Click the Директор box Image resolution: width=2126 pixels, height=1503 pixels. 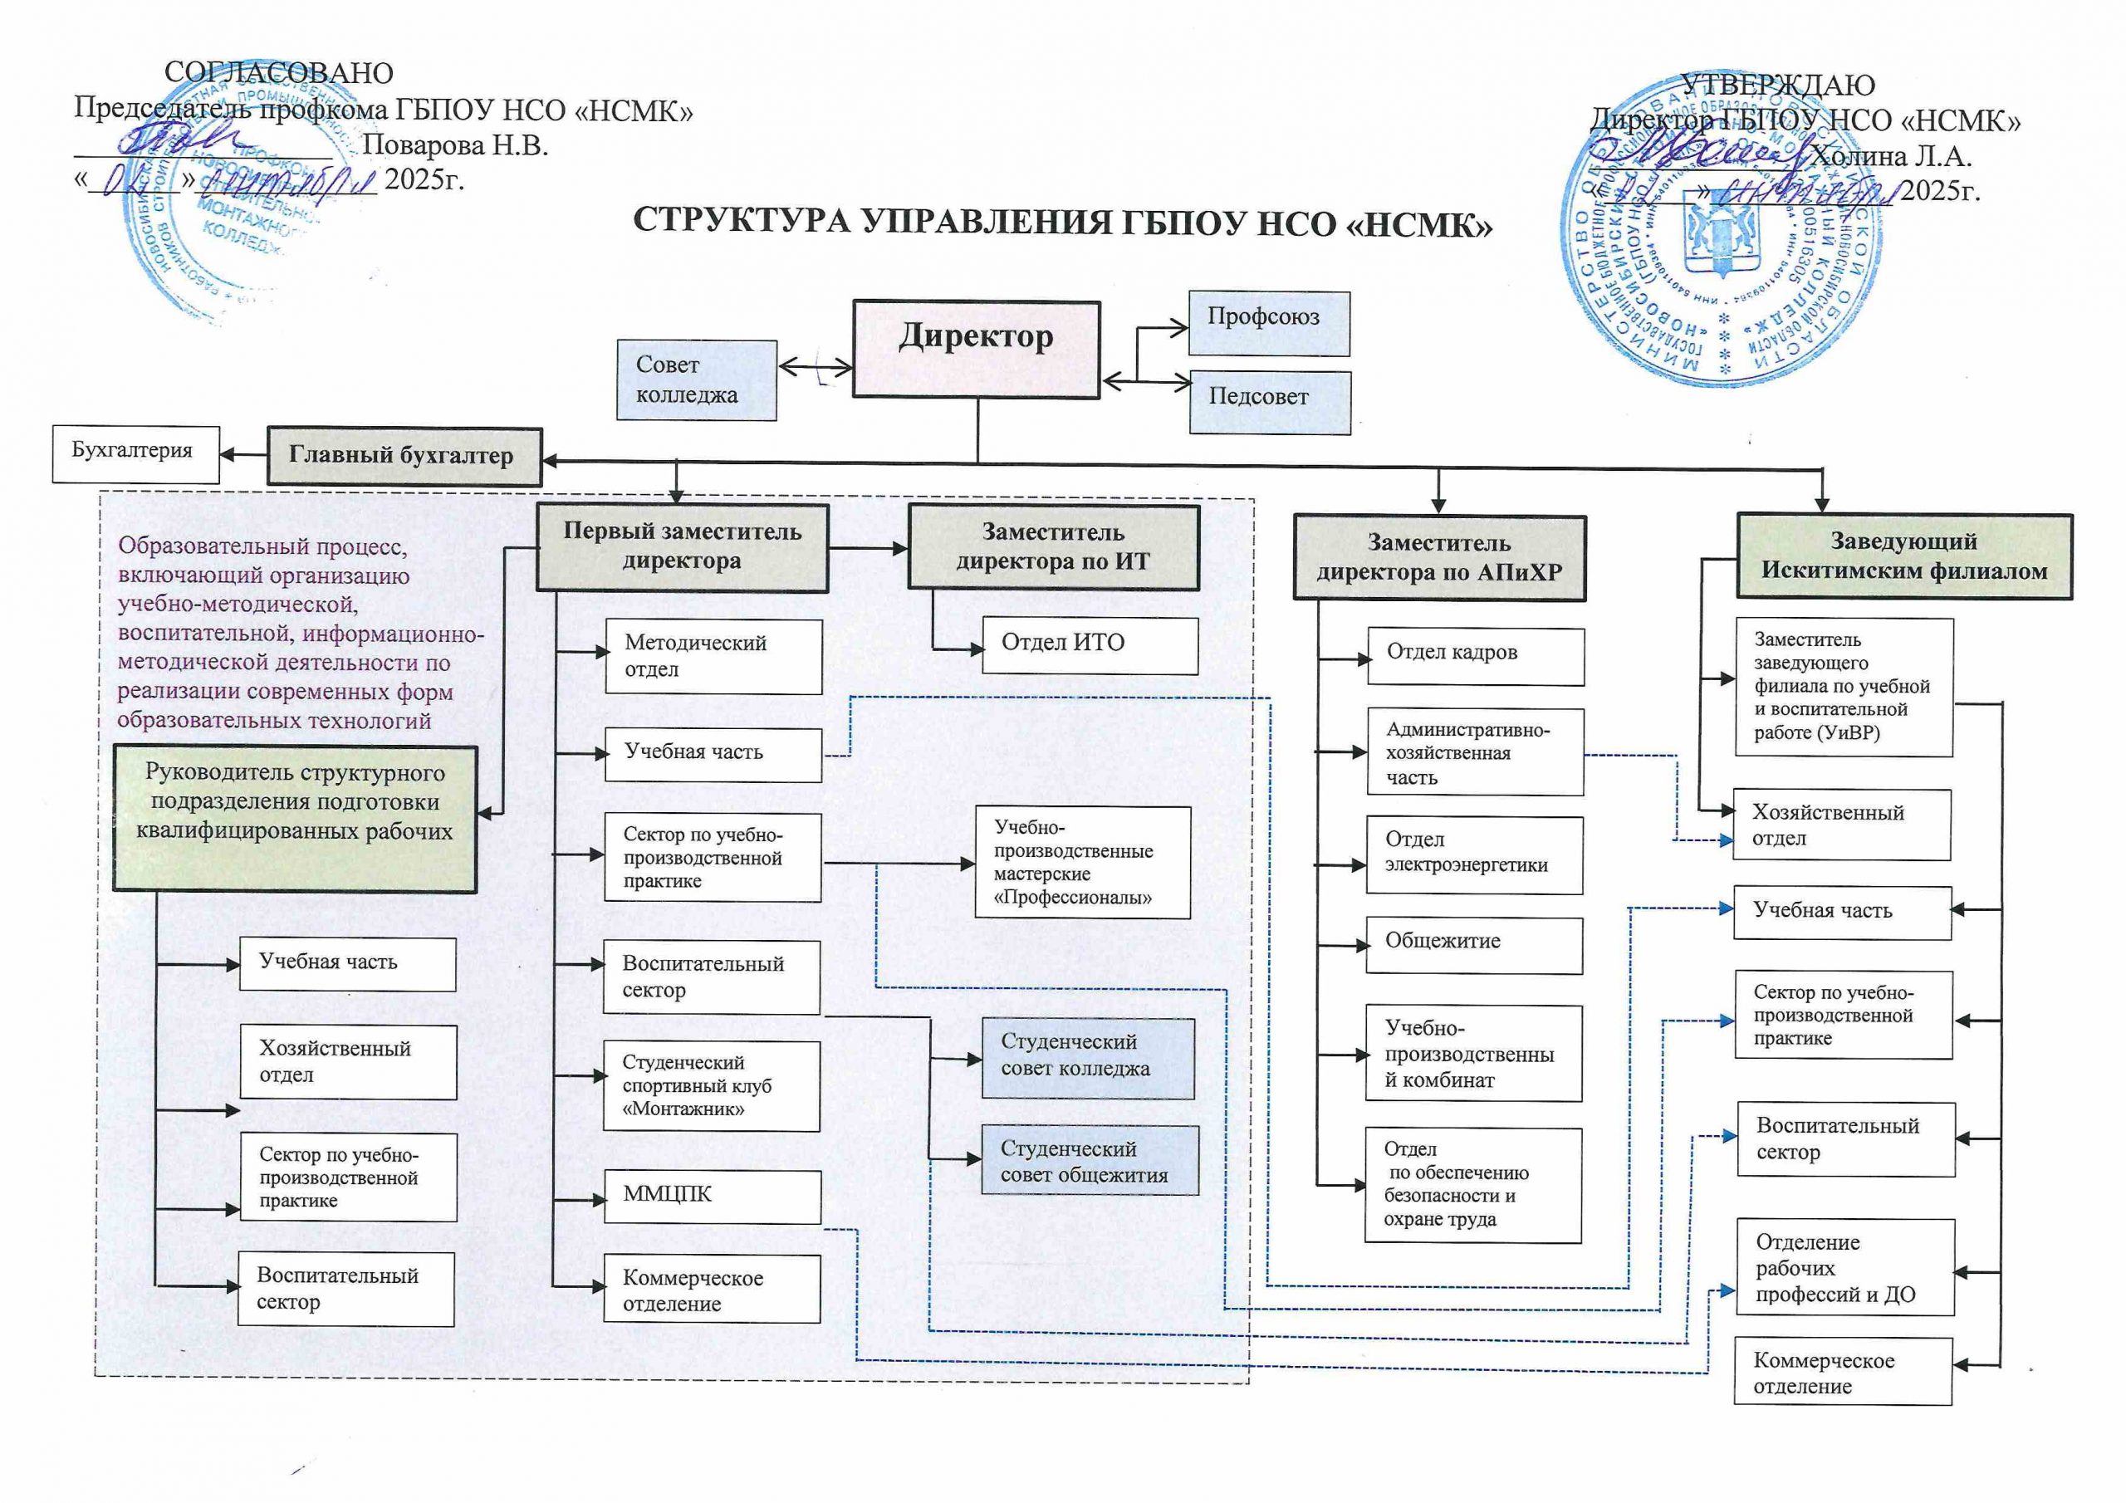(x=976, y=349)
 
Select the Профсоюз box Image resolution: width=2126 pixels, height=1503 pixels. (x=1269, y=323)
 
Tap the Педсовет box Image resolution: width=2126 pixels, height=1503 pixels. (x=1270, y=402)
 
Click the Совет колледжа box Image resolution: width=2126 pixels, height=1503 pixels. (x=696, y=380)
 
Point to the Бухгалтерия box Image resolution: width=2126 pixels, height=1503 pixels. (x=135, y=453)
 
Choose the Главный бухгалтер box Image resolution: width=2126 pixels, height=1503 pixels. (x=404, y=456)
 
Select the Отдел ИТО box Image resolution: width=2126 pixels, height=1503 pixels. (x=1089, y=645)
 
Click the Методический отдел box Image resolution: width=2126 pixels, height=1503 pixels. (x=713, y=657)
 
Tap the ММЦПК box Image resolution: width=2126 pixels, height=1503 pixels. (x=711, y=1197)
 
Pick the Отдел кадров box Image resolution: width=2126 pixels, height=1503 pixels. (x=1475, y=656)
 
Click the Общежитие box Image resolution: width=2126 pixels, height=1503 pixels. (x=1473, y=945)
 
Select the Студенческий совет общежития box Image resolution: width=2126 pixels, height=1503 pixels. (x=1089, y=1160)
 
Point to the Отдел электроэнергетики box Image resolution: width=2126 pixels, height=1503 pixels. (x=1473, y=854)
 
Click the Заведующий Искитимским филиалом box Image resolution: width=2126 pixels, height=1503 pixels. (x=1903, y=557)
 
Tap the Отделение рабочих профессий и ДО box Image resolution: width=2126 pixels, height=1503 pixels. (x=1845, y=1267)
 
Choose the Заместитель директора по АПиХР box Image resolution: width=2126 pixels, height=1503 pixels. (x=1439, y=558)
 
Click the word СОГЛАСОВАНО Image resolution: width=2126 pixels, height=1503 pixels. (x=279, y=73)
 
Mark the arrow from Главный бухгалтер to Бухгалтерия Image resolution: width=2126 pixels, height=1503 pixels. (x=243, y=453)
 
